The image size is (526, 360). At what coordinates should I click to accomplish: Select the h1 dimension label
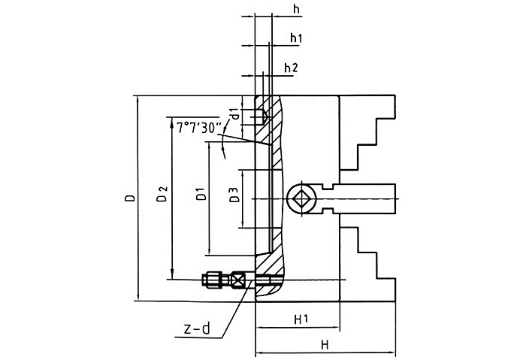[x=296, y=38]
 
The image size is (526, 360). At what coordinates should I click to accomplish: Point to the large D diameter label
[x=130, y=199]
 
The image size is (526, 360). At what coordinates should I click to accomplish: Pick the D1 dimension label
[x=200, y=196]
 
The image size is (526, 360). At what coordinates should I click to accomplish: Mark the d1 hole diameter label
[x=235, y=113]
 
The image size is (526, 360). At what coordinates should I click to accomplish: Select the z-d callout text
[x=198, y=329]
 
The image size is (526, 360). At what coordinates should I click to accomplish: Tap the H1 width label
[x=301, y=319]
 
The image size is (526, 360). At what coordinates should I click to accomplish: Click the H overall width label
[x=325, y=345]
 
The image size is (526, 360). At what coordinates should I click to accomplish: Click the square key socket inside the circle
[x=301, y=199]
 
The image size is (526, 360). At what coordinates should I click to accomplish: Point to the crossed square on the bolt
[x=239, y=280]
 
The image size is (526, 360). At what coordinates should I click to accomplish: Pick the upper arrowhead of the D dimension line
[x=138, y=99]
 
